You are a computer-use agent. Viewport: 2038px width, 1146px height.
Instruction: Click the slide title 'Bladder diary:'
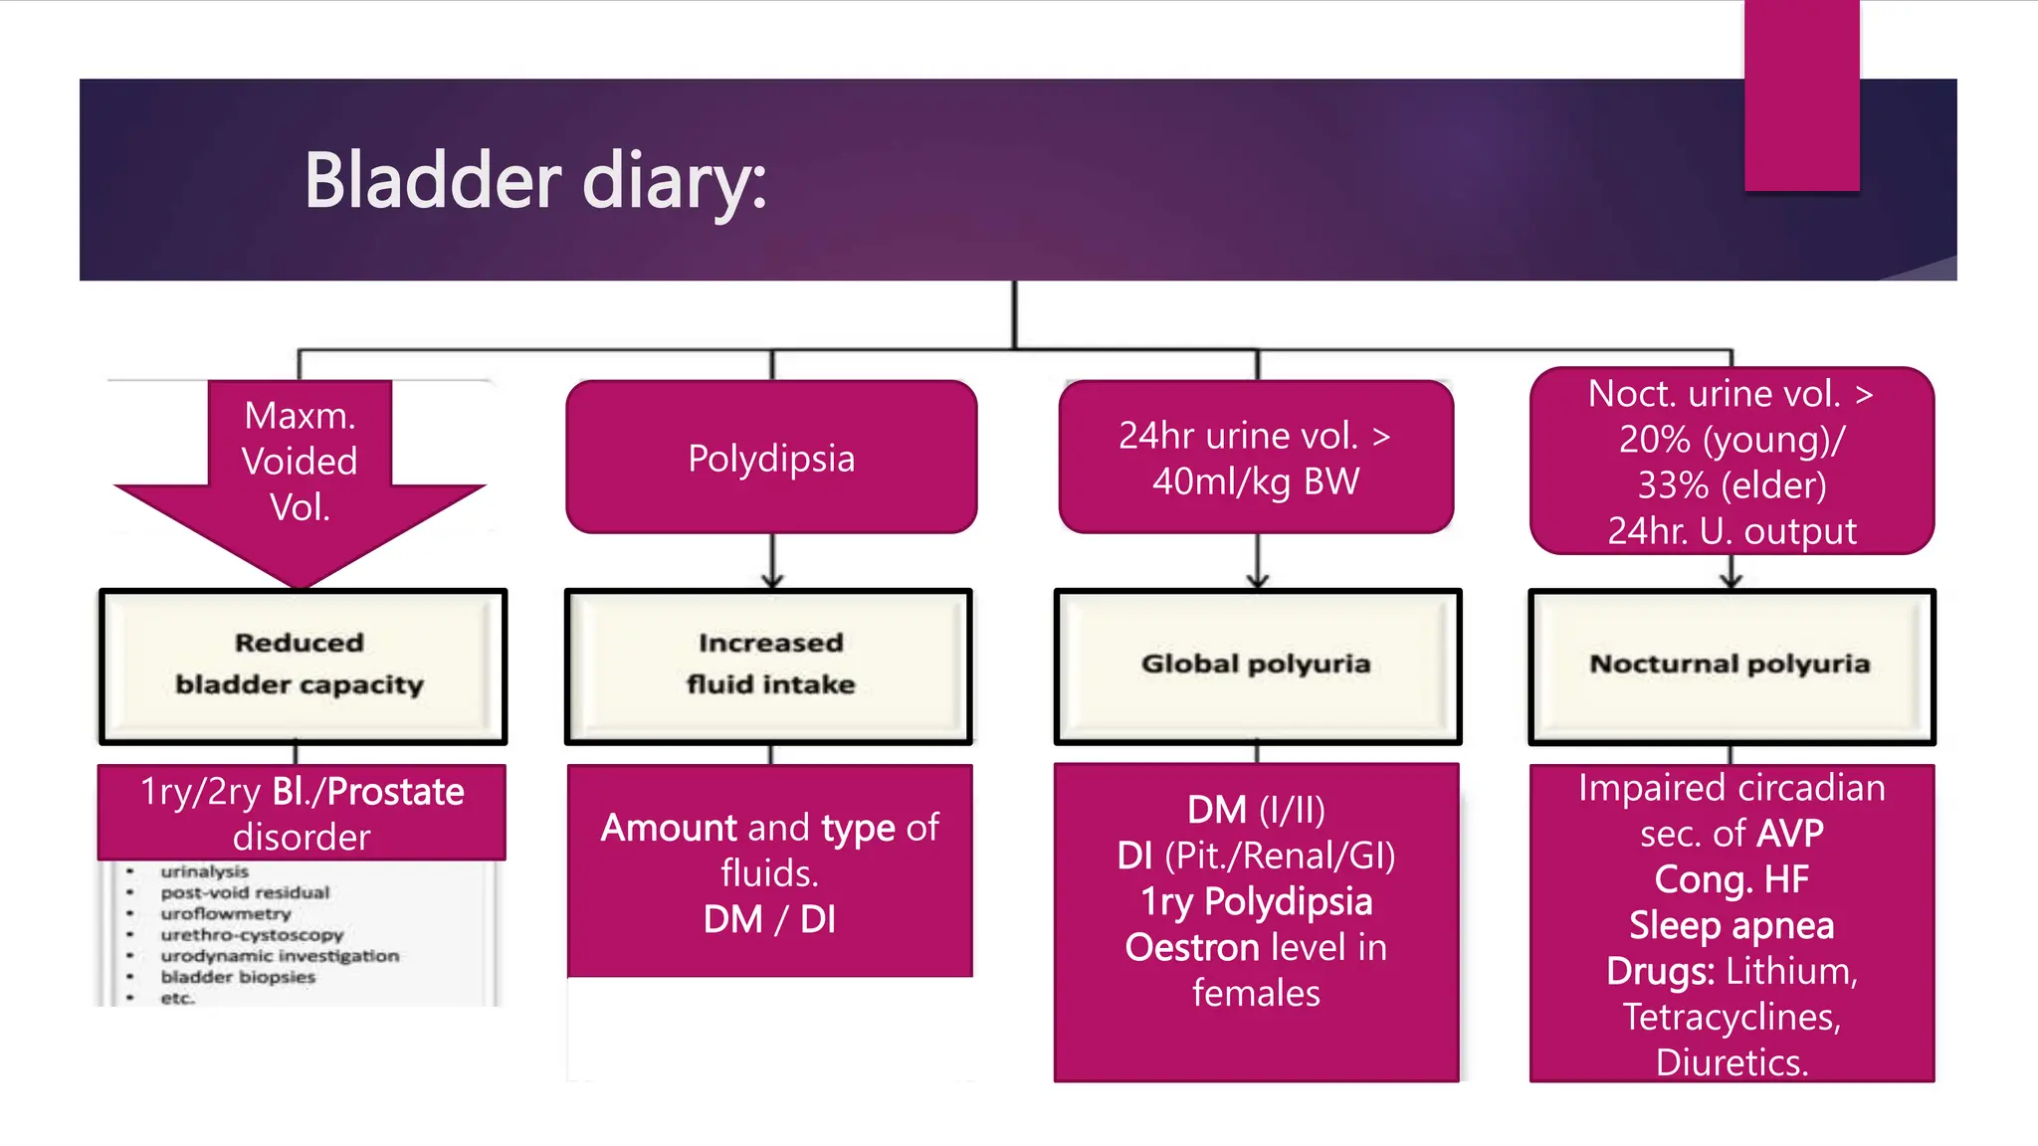[535, 181]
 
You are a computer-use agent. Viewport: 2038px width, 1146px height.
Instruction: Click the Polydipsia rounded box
[771, 458]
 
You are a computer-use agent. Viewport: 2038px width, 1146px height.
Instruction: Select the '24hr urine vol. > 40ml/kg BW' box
[1256, 458]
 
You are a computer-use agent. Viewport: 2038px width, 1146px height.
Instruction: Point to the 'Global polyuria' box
[1257, 665]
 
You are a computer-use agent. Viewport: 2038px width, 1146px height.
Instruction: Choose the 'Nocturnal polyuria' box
[1731, 665]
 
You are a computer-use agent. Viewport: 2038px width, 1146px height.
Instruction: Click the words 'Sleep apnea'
[1731, 925]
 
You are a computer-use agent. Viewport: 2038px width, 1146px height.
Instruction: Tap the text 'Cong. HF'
[1731, 879]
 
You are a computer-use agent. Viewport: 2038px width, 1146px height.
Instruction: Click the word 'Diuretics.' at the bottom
[1731, 1062]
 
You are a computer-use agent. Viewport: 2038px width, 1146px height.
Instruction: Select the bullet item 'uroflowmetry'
[226, 913]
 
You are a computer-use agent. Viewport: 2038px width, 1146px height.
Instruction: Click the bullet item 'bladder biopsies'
[238, 977]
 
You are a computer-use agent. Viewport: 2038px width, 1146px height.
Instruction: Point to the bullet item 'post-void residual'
[245, 892]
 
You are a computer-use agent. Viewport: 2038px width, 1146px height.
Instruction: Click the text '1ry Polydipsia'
[1256, 901]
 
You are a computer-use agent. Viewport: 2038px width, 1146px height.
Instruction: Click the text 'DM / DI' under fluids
[769, 919]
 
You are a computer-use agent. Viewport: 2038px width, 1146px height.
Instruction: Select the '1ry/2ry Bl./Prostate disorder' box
[302, 812]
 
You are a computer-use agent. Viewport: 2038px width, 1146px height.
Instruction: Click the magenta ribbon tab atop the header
[1801, 95]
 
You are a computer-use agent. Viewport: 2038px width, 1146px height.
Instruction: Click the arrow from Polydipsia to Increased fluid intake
[772, 561]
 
